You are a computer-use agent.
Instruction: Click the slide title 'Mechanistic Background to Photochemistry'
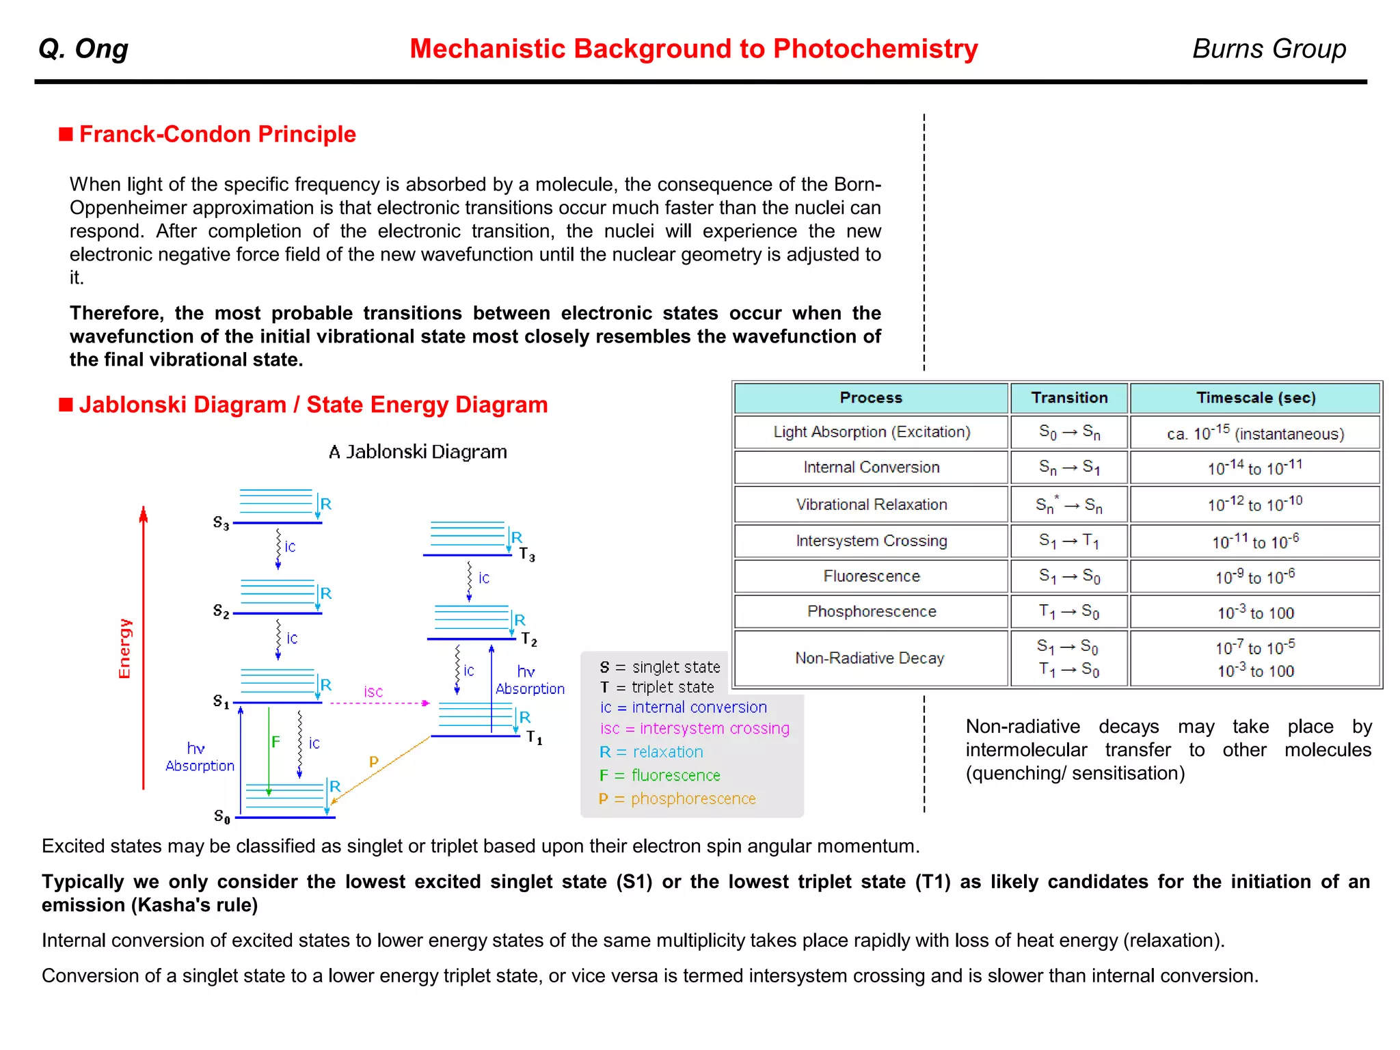693,49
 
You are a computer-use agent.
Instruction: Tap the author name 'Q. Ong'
83,49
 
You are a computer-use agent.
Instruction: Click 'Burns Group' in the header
1269,49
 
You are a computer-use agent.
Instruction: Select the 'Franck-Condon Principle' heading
217,134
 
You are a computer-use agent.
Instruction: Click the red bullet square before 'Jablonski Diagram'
66,405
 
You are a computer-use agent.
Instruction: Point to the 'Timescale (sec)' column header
1255,398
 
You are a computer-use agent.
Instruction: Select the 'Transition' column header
1069,398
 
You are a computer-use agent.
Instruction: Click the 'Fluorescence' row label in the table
871,576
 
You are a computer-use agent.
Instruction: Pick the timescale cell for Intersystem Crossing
1255,541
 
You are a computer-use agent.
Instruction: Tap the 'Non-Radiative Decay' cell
870,658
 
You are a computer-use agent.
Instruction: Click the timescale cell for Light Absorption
1255,433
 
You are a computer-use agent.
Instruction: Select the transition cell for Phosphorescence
1069,611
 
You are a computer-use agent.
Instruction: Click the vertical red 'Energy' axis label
124,648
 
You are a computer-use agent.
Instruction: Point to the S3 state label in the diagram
221,524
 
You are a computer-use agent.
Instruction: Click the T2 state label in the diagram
529,640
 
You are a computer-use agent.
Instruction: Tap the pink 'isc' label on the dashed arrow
373,692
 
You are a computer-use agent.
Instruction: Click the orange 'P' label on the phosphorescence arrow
373,762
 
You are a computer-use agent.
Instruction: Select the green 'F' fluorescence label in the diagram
275,742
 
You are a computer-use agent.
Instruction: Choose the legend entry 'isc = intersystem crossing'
695,729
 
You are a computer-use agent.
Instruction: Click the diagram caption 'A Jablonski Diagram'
418,452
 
